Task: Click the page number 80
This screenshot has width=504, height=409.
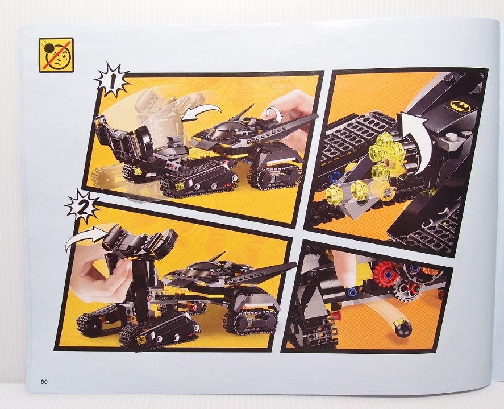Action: click(x=44, y=382)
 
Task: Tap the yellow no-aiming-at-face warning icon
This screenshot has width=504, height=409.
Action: click(x=56, y=55)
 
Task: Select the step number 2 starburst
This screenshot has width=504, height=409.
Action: click(x=83, y=206)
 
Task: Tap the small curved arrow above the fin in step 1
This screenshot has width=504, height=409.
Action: click(x=273, y=114)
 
